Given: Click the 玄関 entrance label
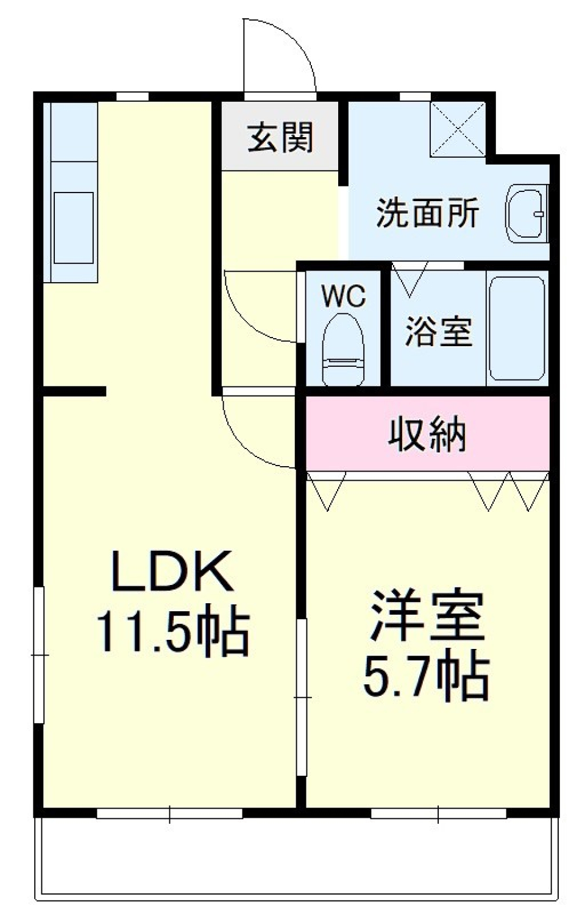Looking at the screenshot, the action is pyautogui.click(x=280, y=138).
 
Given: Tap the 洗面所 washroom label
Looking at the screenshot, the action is pyautogui.click(x=427, y=213).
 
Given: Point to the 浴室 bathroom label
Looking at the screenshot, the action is pyautogui.click(x=439, y=331).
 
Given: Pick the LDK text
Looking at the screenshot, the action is pyautogui.click(x=172, y=572).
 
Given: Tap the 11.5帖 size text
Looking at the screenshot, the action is pyautogui.click(x=172, y=636).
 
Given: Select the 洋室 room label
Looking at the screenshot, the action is pyautogui.click(x=427, y=615).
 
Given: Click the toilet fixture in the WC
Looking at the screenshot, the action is pyautogui.click(x=343, y=350).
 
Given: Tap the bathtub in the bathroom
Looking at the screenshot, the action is pyautogui.click(x=517, y=328).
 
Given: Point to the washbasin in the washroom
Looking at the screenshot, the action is pyautogui.click(x=526, y=214).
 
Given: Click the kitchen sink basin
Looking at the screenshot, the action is pyautogui.click(x=74, y=228).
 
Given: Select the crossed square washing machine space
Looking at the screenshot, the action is pyautogui.click(x=458, y=129).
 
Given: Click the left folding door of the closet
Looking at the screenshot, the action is pyautogui.click(x=327, y=491).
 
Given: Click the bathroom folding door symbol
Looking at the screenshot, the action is pyautogui.click(x=410, y=279).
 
